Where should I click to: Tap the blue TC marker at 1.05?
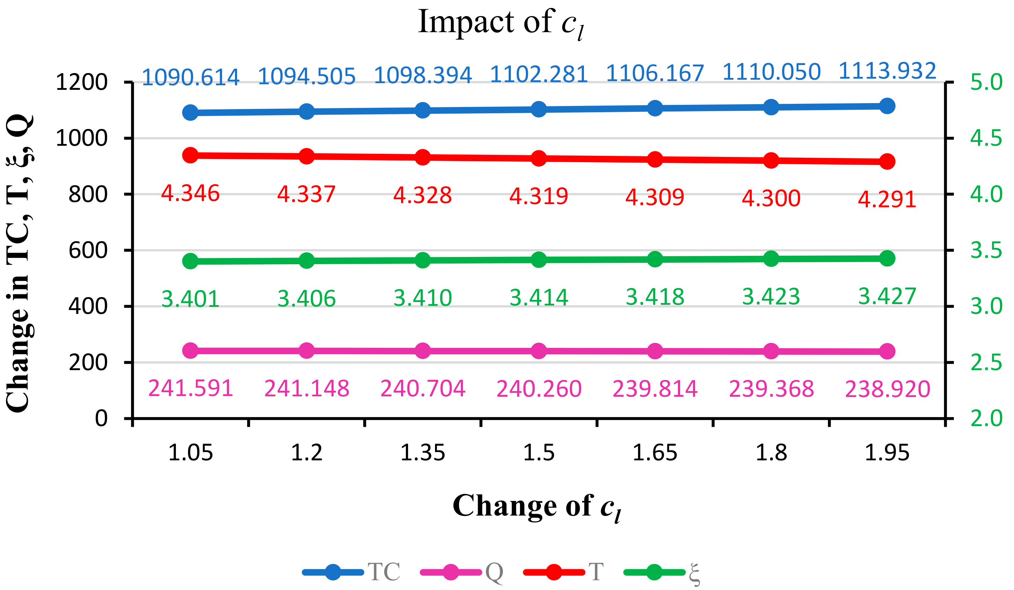[x=190, y=113]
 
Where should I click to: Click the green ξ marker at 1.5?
[x=539, y=260]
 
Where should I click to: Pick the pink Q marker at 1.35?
[x=422, y=351]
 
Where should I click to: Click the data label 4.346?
[x=190, y=193]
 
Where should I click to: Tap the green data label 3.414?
[x=539, y=298]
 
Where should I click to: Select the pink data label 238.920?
[x=887, y=389]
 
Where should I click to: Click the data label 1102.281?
[x=539, y=74]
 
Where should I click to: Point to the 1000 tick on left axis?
[x=82, y=138]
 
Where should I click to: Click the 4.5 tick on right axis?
[x=986, y=138]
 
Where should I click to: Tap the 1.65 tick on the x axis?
[x=655, y=453]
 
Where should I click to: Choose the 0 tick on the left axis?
[x=101, y=419]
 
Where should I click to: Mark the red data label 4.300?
[x=771, y=198]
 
